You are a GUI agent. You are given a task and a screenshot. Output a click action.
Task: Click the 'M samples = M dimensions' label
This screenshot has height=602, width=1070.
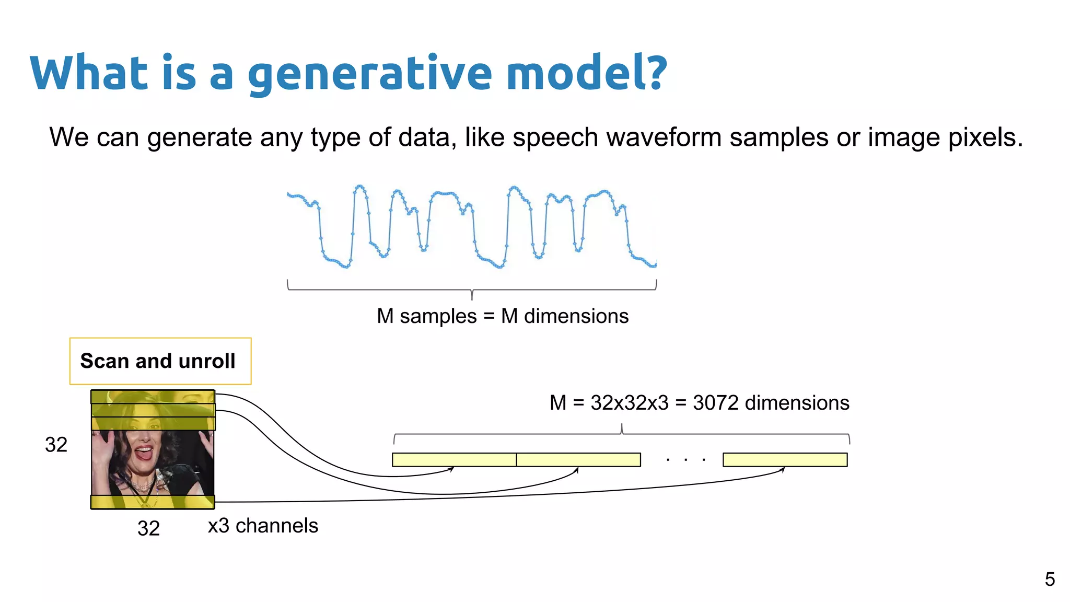tap(503, 316)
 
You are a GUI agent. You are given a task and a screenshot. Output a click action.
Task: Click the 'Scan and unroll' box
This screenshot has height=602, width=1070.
tap(160, 361)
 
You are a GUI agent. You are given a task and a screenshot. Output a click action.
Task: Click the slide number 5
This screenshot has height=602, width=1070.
tap(1050, 579)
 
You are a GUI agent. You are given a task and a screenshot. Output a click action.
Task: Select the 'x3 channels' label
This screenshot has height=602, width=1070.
tap(263, 526)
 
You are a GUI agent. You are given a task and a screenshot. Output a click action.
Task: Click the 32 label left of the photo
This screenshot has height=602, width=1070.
tap(56, 445)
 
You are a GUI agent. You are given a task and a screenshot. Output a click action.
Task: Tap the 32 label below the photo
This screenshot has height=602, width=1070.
tap(148, 528)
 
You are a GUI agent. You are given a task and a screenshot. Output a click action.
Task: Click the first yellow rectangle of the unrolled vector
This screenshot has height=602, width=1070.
tap(454, 460)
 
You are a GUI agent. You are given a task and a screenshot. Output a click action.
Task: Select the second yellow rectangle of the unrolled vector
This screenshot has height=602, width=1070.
tap(578, 460)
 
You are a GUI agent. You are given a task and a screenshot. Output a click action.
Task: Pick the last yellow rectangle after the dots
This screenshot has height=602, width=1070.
tap(785, 460)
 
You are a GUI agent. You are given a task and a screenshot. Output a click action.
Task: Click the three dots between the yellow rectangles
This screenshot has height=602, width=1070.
tap(686, 460)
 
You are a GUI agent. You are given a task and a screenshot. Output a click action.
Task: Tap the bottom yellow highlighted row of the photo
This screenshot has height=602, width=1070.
tap(153, 502)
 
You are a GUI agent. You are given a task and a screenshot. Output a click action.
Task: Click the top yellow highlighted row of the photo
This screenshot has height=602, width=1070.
tap(153, 397)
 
